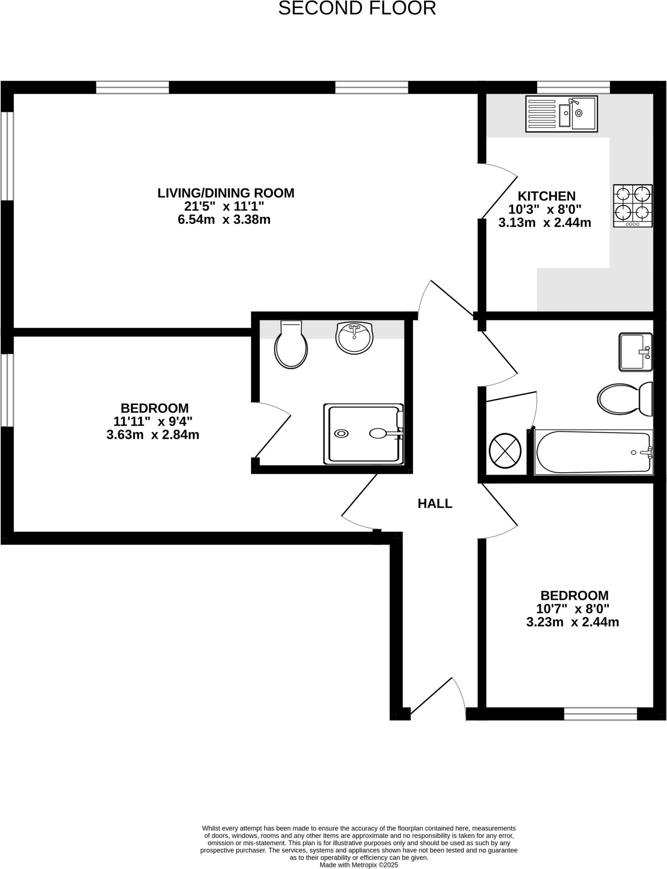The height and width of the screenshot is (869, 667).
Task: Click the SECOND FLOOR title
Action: pos(357,8)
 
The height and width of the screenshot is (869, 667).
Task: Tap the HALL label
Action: pos(435,504)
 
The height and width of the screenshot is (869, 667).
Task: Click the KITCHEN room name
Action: pos(546,196)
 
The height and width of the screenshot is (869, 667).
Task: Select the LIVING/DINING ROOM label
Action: pos(226,193)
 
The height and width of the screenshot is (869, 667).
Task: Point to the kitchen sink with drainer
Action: pos(561,114)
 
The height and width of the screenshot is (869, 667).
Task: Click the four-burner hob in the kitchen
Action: pos(633,205)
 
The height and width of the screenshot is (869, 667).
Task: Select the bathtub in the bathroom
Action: pos(594,452)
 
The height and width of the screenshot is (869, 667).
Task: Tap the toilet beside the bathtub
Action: pos(625,399)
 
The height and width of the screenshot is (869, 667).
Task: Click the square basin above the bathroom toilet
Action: pos(635,352)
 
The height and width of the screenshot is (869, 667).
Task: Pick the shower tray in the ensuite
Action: pos(363,434)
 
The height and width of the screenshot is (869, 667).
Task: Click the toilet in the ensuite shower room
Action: pos(291,345)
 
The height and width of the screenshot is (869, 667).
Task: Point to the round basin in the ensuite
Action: pos(354,338)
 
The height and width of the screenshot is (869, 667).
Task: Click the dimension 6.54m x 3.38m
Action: pos(224,220)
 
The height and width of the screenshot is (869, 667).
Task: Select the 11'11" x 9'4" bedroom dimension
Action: pos(153,421)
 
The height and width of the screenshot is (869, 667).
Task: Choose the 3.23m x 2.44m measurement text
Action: pos(572,622)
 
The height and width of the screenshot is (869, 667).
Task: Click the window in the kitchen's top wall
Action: pos(573,87)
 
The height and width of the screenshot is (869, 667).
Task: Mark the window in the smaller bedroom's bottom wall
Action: pos(600,714)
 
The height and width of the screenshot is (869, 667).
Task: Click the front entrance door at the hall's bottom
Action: pos(437,698)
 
